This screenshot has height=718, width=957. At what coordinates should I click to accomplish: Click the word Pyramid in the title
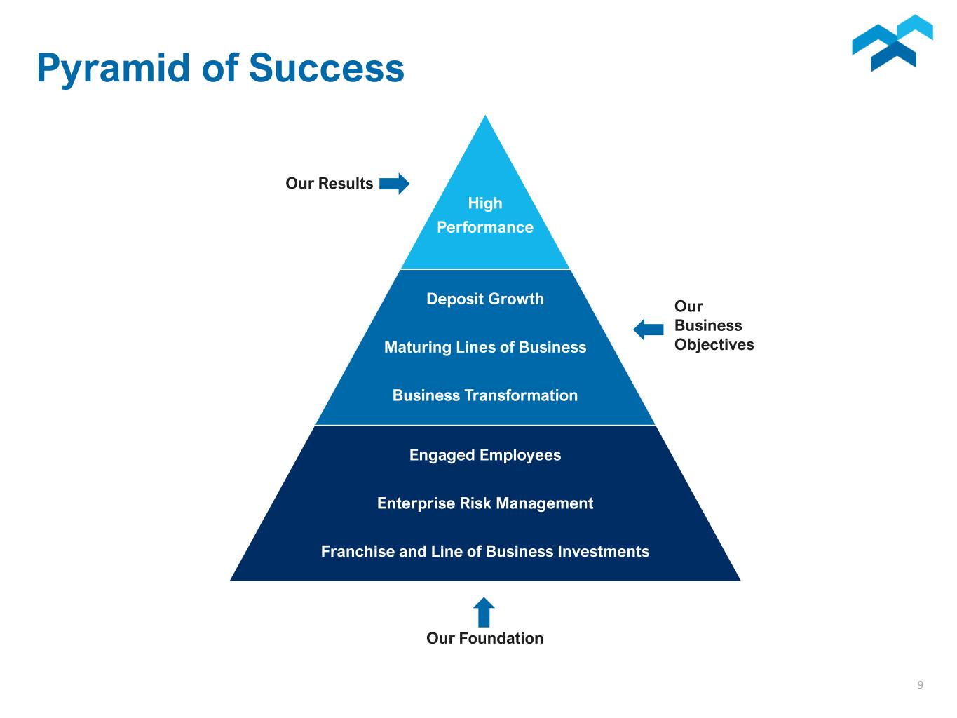[x=114, y=69]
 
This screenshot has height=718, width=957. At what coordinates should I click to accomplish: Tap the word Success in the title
[x=327, y=68]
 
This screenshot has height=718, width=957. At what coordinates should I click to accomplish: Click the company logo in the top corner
[x=892, y=43]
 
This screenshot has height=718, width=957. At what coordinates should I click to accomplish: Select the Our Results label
[x=330, y=183]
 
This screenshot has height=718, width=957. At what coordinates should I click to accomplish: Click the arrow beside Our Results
[x=394, y=184]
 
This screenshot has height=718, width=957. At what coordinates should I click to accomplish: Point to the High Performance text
[x=485, y=215]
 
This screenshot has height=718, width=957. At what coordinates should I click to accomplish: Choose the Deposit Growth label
[x=485, y=299]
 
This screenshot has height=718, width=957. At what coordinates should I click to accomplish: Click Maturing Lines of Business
[x=485, y=348]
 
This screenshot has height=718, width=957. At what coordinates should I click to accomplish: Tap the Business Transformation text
[x=485, y=395]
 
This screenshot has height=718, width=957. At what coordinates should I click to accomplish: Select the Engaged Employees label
[x=485, y=456]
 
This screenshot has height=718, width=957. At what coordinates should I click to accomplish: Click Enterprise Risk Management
[x=485, y=503]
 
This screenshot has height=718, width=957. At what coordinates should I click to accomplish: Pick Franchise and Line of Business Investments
[x=485, y=551]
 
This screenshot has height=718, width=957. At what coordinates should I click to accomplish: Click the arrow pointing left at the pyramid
[x=649, y=329]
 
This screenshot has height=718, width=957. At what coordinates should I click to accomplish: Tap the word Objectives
[x=714, y=345]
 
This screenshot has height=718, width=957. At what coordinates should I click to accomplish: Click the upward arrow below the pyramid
[x=484, y=612]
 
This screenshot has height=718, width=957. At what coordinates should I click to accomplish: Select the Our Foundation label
[x=485, y=638]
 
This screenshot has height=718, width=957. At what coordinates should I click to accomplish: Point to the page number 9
[x=920, y=685]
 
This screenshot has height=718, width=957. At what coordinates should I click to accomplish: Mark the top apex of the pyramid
[x=485, y=115]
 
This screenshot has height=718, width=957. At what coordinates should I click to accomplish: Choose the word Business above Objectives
[x=708, y=325]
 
